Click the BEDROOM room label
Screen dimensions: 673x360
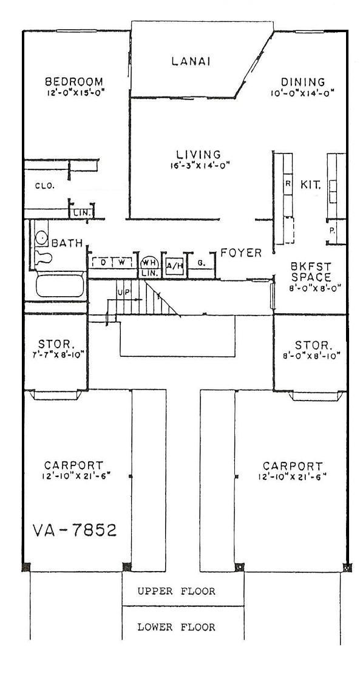tap(74, 82)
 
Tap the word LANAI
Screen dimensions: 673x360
tap(191, 61)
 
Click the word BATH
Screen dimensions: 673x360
tap(66, 243)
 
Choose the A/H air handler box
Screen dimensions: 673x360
tap(174, 265)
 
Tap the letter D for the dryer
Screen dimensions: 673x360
tap(104, 262)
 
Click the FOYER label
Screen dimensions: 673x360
tap(241, 252)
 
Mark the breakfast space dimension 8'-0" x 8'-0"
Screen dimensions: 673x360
tap(310, 288)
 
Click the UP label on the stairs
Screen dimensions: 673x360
tap(124, 293)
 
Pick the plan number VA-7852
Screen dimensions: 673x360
tap(73, 530)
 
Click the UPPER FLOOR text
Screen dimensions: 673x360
tap(175, 591)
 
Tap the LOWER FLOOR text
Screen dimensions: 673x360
tap(175, 627)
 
